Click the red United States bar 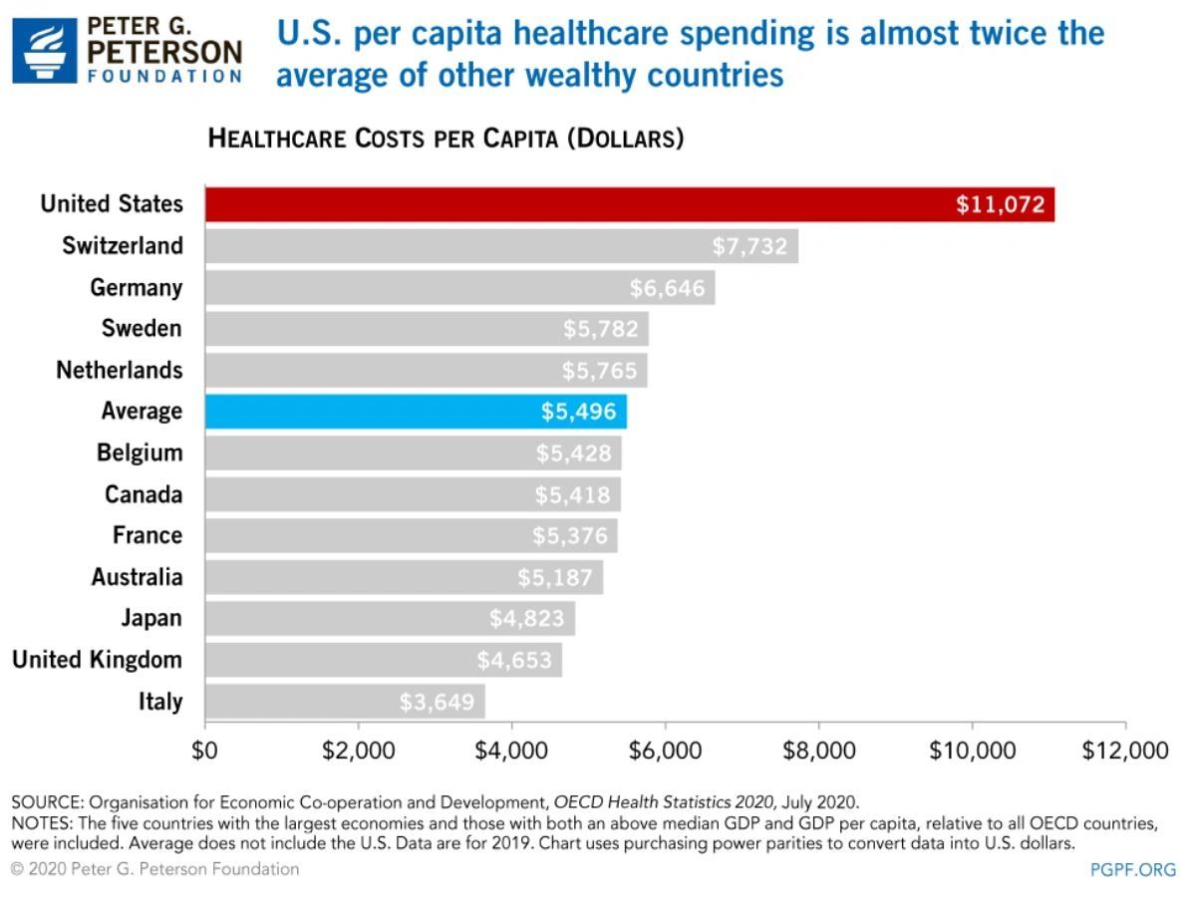[x=628, y=204]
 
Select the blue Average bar [x=416, y=411]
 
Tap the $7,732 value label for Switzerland [x=748, y=246]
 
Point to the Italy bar [x=344, y=702]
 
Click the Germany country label [x=137, y=288]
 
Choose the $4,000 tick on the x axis [x=511, y=750]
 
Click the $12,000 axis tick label [x=1125, y=750]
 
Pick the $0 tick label [x=205, y=750]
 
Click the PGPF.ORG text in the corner [x=1133, y=870]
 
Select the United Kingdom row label [x=98, y=660]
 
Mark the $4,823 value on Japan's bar [x=526, y=619]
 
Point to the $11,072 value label [x=1000, y=205]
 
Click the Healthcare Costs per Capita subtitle [x=446, y=139]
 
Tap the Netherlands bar [x=426, y=370]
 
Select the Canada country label [x=144, y=494]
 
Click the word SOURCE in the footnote [x=46, y=802]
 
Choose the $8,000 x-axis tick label [x=818, y=750]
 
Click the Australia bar [x=404, y=577]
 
